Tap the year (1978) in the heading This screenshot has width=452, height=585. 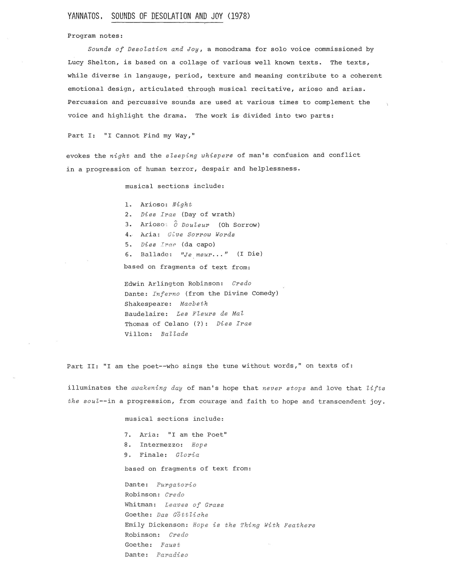[239, 16]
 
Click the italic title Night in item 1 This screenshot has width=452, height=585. [182, 205]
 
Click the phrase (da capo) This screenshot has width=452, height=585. [198, 245]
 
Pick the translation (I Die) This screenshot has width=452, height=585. [250, 254]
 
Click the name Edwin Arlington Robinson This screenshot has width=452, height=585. [173, 284]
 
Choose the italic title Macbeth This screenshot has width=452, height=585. [194, 304]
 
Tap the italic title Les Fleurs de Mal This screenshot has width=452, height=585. [210, 314]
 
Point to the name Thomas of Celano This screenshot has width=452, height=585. [156, 324]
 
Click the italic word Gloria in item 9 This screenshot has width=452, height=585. [187, 455]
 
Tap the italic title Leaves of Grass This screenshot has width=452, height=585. [194, 505]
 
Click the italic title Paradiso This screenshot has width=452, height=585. [172, 555]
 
